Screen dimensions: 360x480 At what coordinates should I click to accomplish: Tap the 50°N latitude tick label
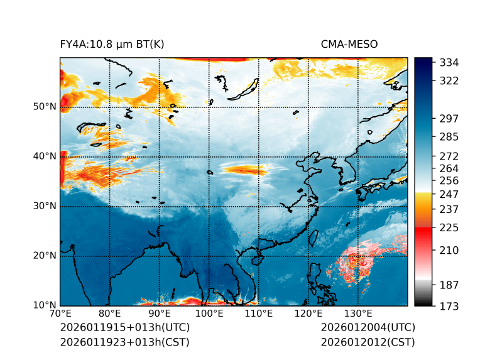(44, 107)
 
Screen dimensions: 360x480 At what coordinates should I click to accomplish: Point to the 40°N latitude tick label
(44, 156)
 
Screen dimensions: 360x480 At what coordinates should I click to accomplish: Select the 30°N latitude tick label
(44, 206)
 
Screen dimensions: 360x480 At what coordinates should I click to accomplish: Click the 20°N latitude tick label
(44, 256)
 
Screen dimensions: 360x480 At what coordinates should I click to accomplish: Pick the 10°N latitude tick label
(44, 305)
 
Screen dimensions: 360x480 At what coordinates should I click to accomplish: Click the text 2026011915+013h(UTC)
(124, 328)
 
